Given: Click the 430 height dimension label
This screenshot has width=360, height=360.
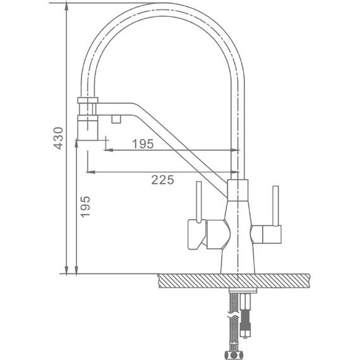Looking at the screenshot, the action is pyautogui.click(x=58, y=138).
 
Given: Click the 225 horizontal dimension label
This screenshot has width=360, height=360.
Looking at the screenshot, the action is pyautogui.click(x=162, y=180).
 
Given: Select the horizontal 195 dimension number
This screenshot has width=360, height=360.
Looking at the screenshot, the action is pyautogui.click(x=143, y=144).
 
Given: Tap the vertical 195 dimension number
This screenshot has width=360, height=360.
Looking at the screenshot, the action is pyautogui.click(x=85, y=207).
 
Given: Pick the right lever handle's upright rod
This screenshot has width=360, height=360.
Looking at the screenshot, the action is pyautogui.click(x=275, y=206).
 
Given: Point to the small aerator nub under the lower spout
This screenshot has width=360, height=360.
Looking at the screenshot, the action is pyautogui.click(x=116, y=119).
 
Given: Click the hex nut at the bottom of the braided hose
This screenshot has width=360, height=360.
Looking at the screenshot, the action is pyautogui.click(x=233, y=354).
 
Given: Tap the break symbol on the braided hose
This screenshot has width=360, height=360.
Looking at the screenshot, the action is pyautogui.click(x=233, y=315).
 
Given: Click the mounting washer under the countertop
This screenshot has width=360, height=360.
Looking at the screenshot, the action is pyautogui.click(x=243, y=291).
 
